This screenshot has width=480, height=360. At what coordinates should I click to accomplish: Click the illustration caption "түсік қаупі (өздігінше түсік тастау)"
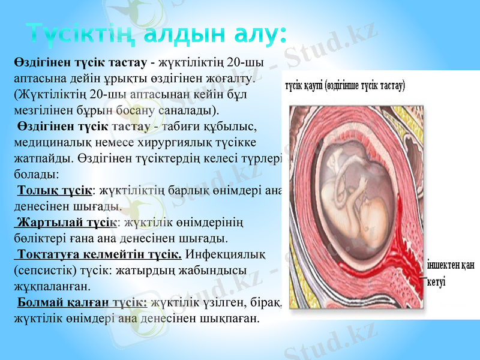pyautogui.click(x=345, y=86)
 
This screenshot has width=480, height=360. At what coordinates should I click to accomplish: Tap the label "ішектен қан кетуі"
pyautogui.click(x=450, y=273)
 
